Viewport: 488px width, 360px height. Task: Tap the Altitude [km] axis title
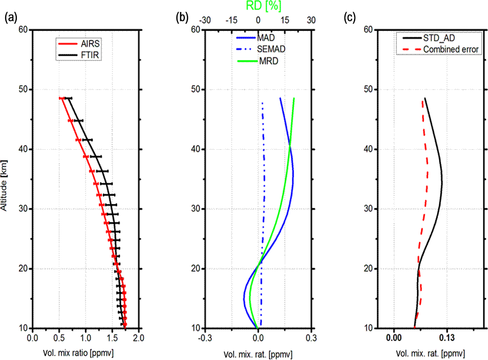pyautogui.click(x=6, y=178)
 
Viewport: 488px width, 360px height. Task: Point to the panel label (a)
pyautogui.click(x=9, y=18)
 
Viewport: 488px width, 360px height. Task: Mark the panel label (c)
pyautogui.click(x=349, y=18)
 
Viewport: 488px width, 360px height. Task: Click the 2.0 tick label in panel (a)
pyautogui.click(x=139, y=338)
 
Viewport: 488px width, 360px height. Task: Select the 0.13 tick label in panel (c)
pyautogui.click(x=447, y=338)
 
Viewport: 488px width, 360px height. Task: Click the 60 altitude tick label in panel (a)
pyautogui.click(x=23, y=30)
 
